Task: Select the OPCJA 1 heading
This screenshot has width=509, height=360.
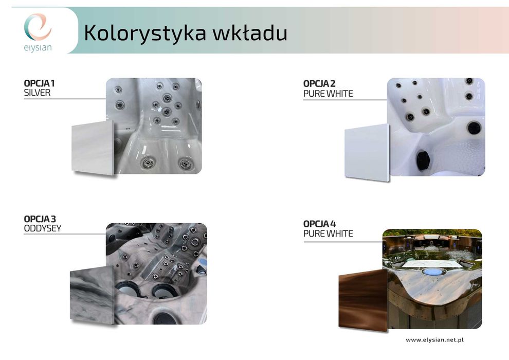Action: pos(40,83)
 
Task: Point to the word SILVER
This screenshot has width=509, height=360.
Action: pos(38,93)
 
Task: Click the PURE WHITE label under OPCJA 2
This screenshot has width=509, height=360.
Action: pos(328,94)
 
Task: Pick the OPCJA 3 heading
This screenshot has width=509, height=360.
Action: pos(40,219)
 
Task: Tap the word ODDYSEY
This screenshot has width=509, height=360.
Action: pos(43,228)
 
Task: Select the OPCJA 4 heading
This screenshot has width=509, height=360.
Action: pos(319,224)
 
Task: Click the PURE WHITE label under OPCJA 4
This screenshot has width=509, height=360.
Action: pos(328,234)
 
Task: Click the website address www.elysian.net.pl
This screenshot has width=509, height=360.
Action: pos(435,340)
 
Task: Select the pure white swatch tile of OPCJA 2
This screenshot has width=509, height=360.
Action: pos(367,153)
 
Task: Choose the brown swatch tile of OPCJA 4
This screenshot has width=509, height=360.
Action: pos(362,298)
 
